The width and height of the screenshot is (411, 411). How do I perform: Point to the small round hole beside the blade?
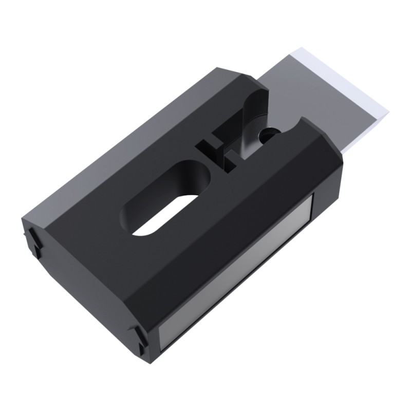[268, 135]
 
